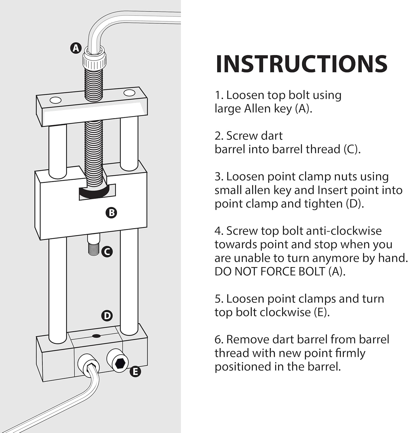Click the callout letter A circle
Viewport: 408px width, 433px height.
[76, 48]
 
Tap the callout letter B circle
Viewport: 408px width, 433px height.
[111, 213]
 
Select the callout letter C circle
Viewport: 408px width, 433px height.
[107, 252]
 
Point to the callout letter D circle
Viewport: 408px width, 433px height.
[107, 316]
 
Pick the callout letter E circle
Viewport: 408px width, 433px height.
[135, 372]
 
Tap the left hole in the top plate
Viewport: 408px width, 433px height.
[55, 100]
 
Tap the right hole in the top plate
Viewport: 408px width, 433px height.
[129, 93]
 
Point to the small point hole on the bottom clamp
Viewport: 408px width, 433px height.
[96, 336]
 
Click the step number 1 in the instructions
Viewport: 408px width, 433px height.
[218, 95]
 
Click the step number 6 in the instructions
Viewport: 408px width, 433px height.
[218, 340]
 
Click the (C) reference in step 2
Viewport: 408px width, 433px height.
[352, 150]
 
